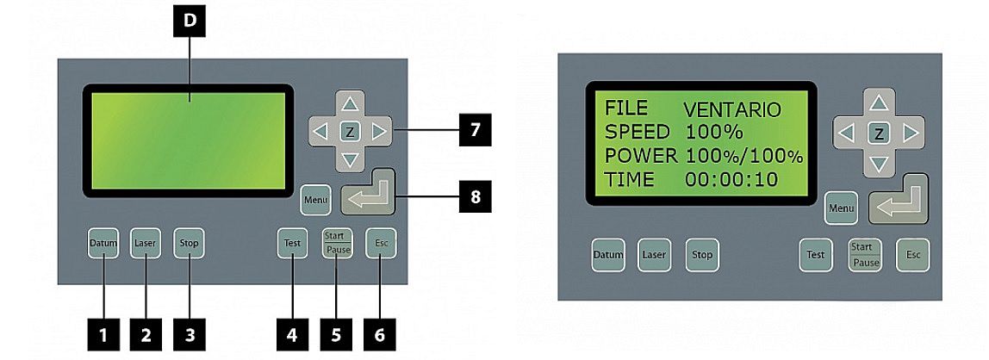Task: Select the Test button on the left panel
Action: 189,243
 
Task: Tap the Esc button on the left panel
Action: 381,243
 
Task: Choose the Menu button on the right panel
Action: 841,208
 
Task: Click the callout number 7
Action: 475,131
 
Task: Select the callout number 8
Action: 475,198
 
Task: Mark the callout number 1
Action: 104,334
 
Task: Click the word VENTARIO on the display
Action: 731,110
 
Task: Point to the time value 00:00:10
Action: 731,180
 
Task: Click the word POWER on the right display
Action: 641,157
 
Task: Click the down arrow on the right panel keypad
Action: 878,164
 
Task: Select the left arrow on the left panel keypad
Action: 321,133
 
